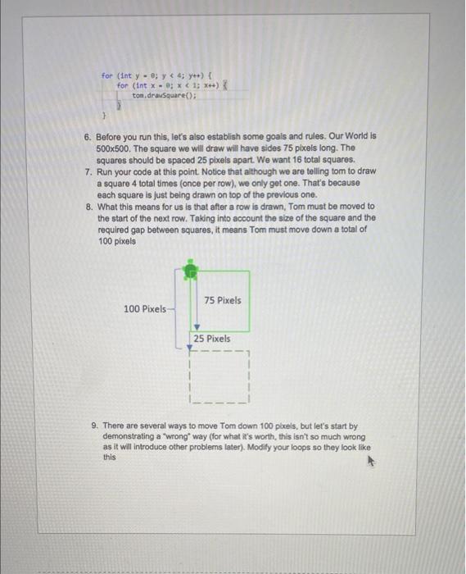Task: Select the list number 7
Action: point(88,172)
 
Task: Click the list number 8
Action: point(88,207)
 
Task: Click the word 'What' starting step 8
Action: point(107,207)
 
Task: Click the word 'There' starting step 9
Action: point(116,426)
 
